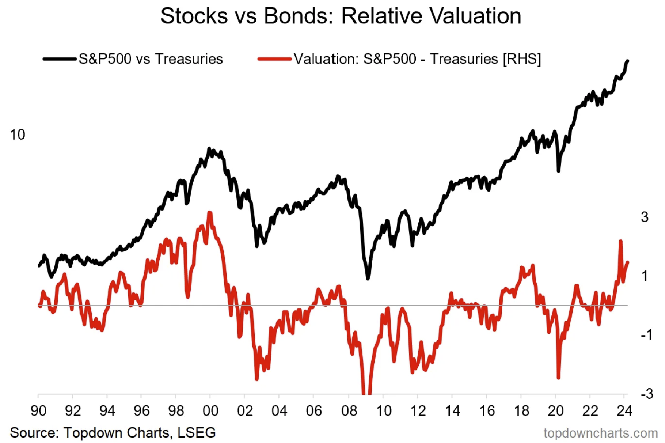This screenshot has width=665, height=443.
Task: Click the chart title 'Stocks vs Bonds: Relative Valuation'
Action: pyautogui.click(x=341, y=16)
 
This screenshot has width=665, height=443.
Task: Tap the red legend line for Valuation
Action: pyautogui.click(x=274, y=59)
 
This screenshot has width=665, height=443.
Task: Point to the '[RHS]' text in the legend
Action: pyautogui.click(x=522, y=59)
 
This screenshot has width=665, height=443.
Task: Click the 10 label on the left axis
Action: pyautogui.click(x=17, y=135)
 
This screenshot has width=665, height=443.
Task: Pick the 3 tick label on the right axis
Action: pyautogui.click(x=645, y=217)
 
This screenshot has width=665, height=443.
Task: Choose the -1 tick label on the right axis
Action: pyautogui.click(x=646, y=335)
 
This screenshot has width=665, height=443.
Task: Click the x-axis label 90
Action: pyautogui.click(x=38, y=411)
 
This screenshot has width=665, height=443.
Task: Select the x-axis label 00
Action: pyautogui.click(x=210, y=411)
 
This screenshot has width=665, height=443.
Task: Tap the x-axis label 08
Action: pyautogui.click(x=349, y=411)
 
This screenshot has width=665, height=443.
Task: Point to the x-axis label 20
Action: pyautogui.click(x=555, y=411)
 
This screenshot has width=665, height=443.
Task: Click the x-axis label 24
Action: pyautogui.click(x=624, y=411)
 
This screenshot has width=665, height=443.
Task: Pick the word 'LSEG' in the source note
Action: pyautogui.click(x=197, y=433)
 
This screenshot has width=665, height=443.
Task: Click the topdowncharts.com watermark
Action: pyautogui.click(x=600, y=433)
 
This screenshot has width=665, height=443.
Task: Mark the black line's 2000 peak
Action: pyautogui.click(x=209, y=148)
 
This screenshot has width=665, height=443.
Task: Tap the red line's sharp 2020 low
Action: pyautogui.click(x=558, y=378)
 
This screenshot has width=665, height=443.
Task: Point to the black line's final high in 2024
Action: pyautogui.click(x=627, y=61)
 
